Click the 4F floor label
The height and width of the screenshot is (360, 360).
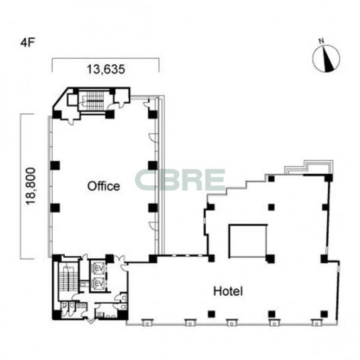point(28,43)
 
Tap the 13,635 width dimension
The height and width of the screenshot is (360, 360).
point(106,69)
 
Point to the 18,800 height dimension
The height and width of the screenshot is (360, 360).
point(30,186)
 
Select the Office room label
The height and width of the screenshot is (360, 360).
point(103,186)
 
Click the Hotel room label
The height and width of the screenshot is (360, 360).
point(228,291)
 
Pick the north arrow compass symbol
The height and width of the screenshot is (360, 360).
point(326,58)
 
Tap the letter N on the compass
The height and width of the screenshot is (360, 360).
point(321,41)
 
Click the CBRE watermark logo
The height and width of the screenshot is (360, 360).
point(180,180)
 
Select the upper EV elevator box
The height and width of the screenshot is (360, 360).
point(98,267)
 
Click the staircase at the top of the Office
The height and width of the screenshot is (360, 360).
point(95,101)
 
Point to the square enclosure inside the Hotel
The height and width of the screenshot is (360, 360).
point(248,241)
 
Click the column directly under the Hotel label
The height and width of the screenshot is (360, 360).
point(212,314)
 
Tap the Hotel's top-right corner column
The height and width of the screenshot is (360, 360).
point(328,178)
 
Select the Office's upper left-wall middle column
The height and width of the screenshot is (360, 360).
point(55,165)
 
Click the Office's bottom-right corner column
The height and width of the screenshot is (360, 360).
point(153,259)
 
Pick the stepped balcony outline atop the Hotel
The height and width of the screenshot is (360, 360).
point(309,167)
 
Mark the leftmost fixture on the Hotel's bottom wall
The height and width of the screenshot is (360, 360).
point(147,322)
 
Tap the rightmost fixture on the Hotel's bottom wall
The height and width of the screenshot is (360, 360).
point(316,322)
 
